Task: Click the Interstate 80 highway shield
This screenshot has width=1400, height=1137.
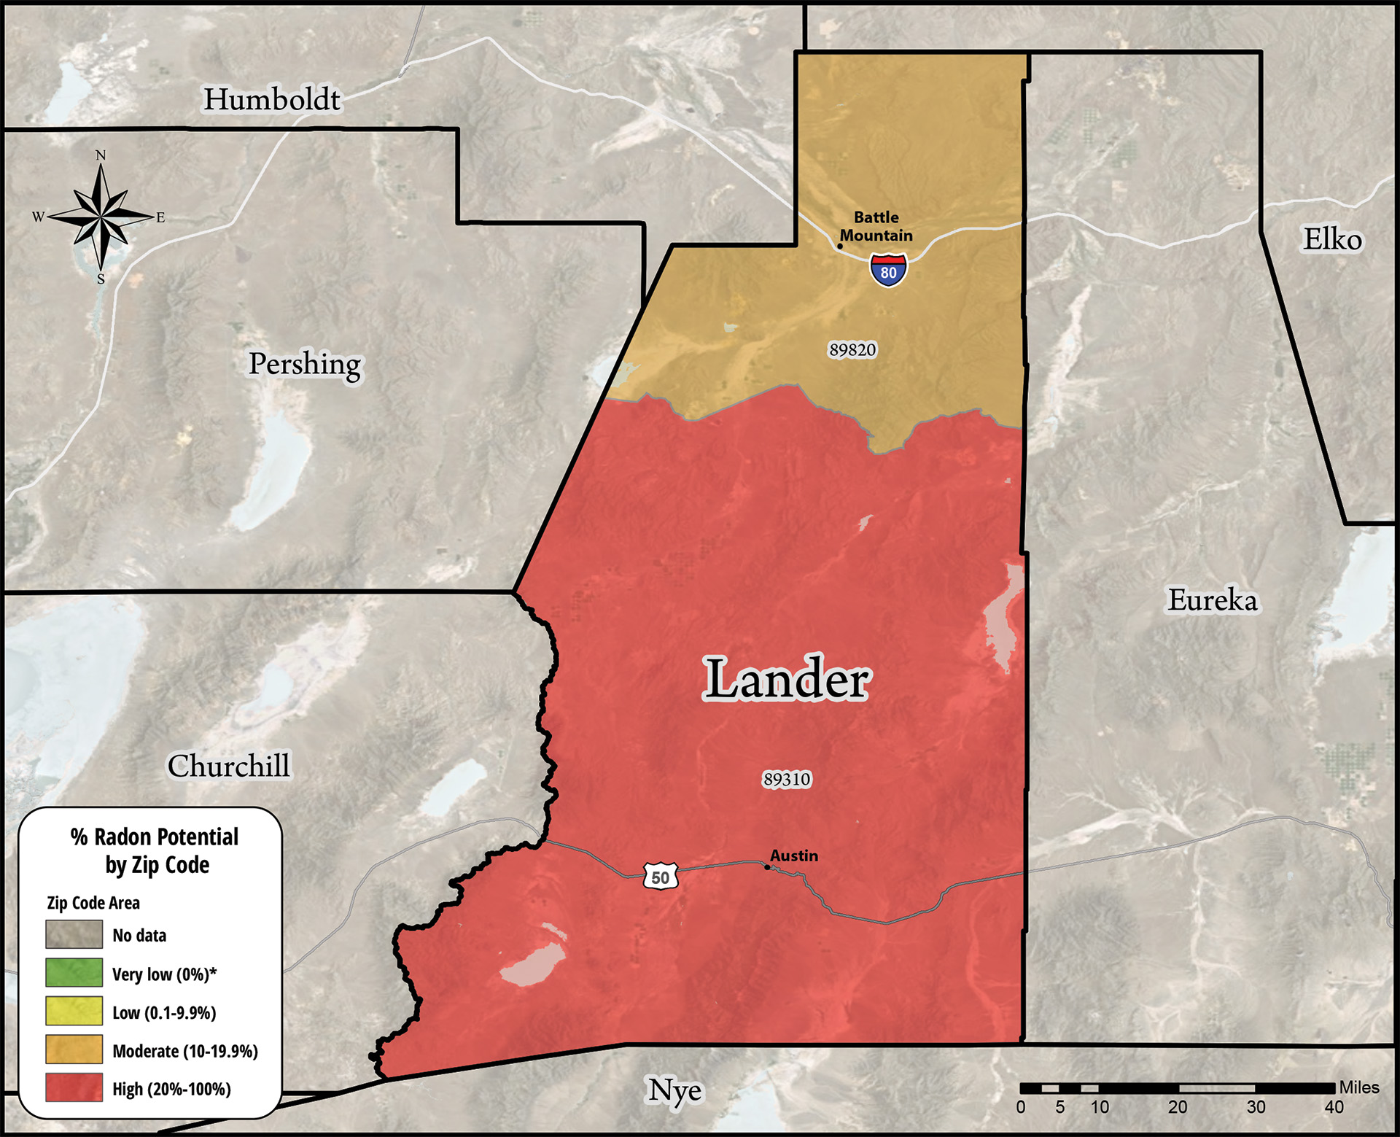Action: (888, 271)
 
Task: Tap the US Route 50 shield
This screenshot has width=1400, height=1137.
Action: (661, 876)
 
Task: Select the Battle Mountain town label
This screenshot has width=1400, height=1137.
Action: (876, 226)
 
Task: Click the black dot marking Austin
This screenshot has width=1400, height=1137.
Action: (766, 867)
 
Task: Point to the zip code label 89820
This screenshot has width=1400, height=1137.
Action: (852, 349)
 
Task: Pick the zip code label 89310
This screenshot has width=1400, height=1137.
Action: (787, 779)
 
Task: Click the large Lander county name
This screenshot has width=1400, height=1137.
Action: (786, 678)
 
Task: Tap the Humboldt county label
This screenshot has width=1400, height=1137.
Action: (271, 99)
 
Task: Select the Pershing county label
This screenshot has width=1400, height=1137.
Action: (304, 363)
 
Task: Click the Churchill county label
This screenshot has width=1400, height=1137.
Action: (228, 766)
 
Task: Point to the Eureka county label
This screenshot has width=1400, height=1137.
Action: (1213, 600)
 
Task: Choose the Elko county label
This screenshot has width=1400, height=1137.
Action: (1332, 239)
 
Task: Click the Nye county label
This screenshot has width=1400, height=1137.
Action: (675, 1090)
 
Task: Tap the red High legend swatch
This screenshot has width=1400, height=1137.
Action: (74, 1087)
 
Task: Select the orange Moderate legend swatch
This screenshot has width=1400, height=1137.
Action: (74, 1049)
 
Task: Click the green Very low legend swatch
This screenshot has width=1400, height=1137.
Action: (74, 972)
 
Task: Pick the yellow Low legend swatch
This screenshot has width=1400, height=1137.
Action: (74, 1011)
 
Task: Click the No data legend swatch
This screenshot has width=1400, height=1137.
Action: (74, 934)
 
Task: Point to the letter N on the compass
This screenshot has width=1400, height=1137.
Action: (101, 155)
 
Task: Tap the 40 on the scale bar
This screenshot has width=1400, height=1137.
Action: (1334, 1107)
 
